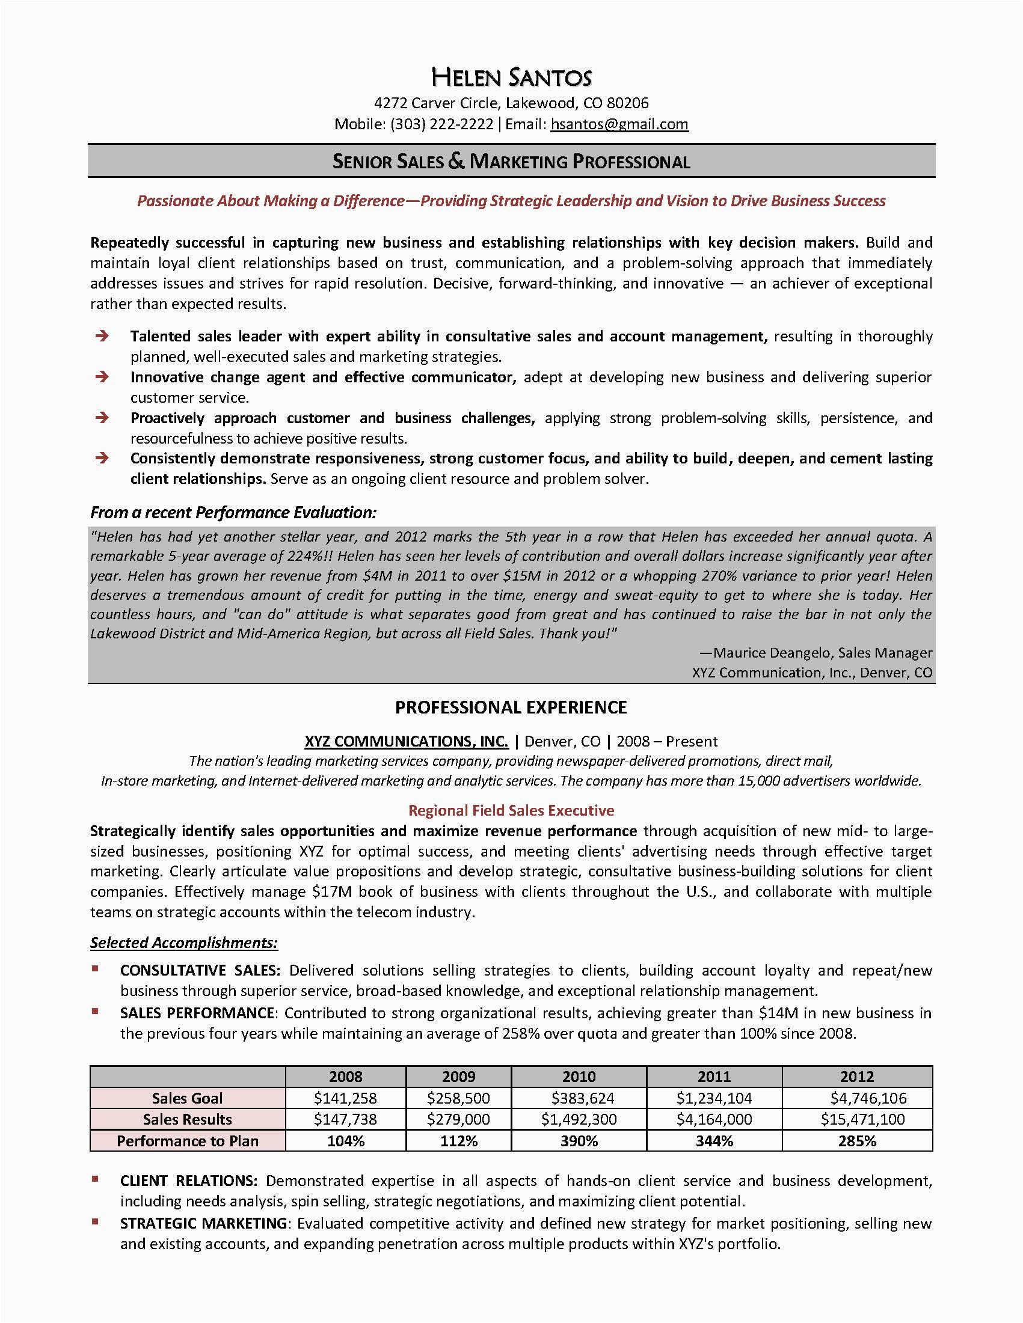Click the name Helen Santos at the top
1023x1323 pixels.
click(511, 78)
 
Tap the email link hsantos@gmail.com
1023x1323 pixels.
click(619, 124)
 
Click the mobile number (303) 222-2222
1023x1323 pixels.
click(442, 124)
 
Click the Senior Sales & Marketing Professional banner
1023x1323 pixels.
click(511, 161)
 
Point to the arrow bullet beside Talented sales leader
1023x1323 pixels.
click(102, 336)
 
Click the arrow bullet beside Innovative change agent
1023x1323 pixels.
click(102, 377)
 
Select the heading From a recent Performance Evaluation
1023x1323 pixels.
click(233, 513)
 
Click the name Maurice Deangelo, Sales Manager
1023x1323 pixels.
click(816, 652)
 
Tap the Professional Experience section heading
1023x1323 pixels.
click(511, 707)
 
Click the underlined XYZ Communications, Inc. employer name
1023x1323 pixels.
click(406, 741)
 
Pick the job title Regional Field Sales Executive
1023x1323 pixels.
click(511, 810)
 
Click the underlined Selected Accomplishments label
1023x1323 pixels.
click(184, 943)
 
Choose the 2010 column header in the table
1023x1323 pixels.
click(579, 1077)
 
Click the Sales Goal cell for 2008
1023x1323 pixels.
click(345, 1098)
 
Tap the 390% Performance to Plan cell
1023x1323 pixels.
click(579, 1141)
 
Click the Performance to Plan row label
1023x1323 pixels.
click(187, 1141)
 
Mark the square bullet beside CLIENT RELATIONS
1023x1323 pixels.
click(95, 1179)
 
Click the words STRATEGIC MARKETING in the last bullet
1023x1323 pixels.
click(203, 1223)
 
